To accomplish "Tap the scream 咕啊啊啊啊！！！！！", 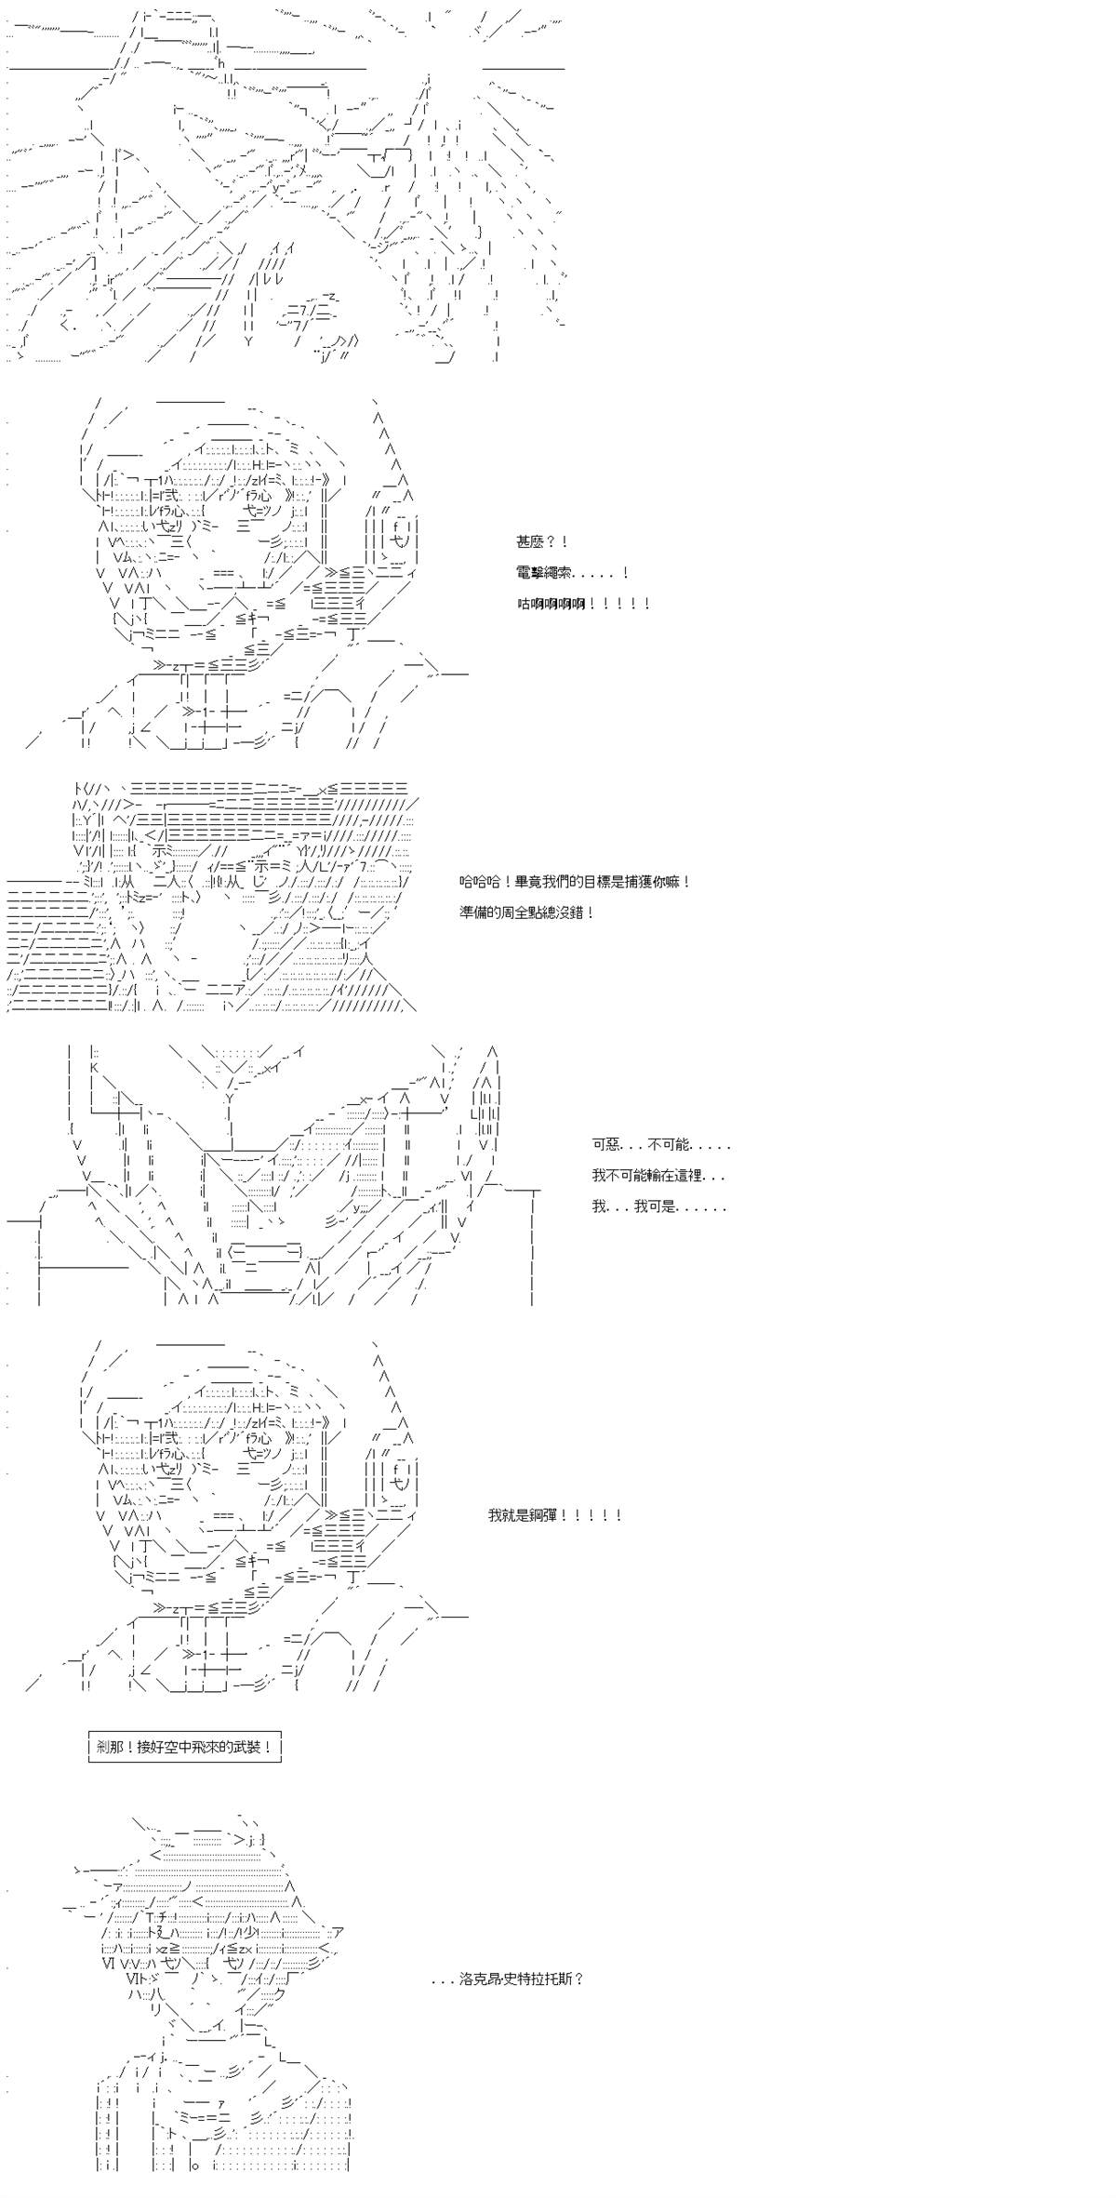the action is [x=583, y=604].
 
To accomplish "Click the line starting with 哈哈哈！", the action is [x=575, y=882].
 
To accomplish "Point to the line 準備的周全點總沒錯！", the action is [x=526, y=913].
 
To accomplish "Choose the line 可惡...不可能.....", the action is [x=661, y=1145].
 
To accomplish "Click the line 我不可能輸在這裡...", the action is [x=658, y=1176].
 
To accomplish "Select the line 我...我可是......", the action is [x=658, y=1206].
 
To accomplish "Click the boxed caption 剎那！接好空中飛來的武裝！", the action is [x=184, y=1747].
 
